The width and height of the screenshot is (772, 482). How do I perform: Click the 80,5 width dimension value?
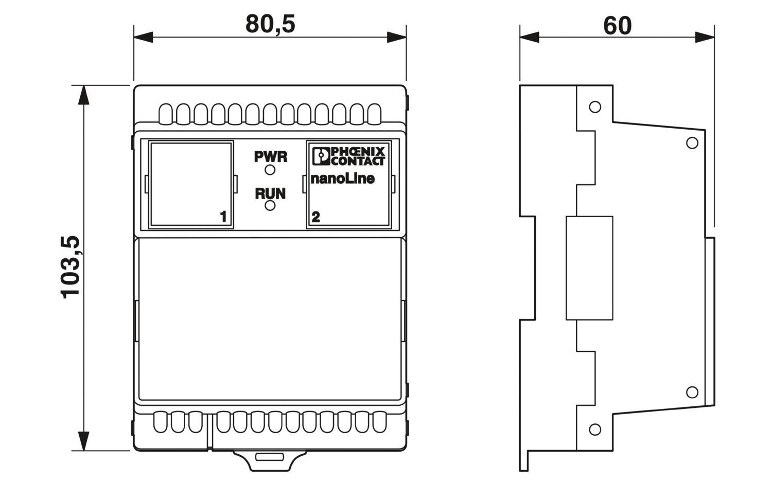(x=270, y=24)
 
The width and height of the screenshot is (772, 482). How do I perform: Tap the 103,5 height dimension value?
(x=70, y=267)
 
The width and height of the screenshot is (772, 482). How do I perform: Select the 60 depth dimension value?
(x=617, y=26)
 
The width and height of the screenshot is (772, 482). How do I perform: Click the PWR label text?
(x=271, y=157)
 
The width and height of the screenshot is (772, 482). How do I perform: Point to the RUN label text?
(x=270, y=193)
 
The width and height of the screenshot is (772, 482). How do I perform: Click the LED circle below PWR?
(x=270, y=170)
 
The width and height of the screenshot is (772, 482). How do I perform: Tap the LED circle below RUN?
(x=270, y=206)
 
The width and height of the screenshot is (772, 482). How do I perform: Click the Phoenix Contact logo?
(x=348, y=156)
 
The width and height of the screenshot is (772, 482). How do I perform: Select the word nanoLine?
(x=343, y=178)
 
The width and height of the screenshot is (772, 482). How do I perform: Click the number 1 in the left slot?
(x=223, y=217)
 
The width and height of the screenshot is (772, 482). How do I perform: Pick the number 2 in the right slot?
(x=315, y=217)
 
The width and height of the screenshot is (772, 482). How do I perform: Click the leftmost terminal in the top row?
(x=165, y=114)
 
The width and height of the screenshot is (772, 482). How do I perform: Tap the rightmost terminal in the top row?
(x=374, y=114)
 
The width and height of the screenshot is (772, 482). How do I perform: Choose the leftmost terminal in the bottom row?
(x=160, y=422)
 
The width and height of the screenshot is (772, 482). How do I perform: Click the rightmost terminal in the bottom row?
(x=379, y=422)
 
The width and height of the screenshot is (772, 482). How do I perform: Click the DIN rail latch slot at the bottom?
(x=270, y=457)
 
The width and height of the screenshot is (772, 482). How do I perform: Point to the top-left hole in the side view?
(x=595, y=107)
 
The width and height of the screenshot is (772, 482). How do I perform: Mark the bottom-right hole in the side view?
(x=692, y=392)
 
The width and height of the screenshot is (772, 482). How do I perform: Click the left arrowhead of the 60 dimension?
(x=530, y=37)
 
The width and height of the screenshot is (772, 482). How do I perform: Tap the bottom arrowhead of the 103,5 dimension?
(x=84, y=441)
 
